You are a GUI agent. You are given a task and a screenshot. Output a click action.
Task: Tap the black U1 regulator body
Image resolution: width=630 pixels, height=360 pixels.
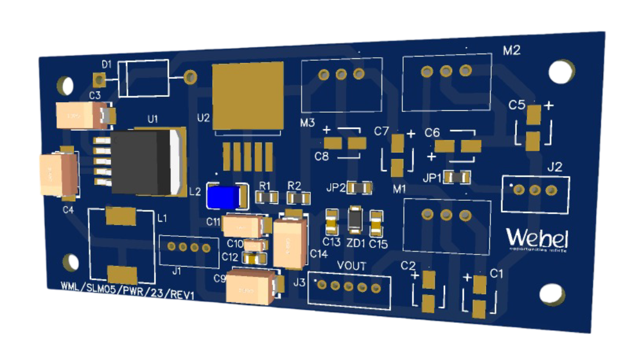tap(142, 162)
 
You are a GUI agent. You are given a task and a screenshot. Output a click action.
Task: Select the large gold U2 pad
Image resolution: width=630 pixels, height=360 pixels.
tap(247, 96)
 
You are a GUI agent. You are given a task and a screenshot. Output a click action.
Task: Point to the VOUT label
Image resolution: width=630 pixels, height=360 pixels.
tap(352, 266)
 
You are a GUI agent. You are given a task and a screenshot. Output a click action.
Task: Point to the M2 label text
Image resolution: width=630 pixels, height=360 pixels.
tap(511, 51)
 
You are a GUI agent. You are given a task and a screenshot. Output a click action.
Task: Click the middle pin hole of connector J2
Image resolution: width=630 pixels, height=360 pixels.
tap(535, 190)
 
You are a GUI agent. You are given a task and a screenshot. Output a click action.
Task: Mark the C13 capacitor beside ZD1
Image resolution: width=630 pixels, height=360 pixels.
tap(331, 221)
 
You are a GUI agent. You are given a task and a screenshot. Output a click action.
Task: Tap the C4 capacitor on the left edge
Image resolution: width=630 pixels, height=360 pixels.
tap(57, 173)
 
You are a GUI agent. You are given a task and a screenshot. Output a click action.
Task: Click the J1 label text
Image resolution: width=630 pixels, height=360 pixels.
tap(177, 271)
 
